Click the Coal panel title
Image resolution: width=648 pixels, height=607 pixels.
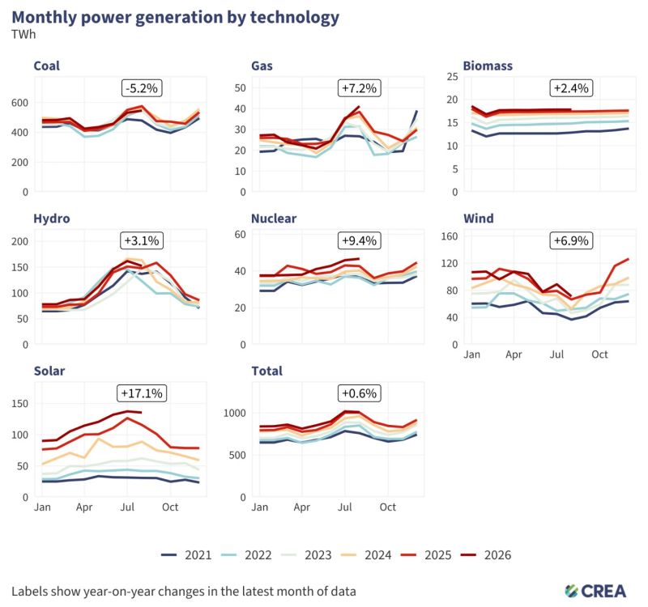pos(46,66)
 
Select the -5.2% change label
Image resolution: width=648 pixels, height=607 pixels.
pos(142,88)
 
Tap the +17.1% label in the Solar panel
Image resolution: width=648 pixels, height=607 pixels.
pos(142,393)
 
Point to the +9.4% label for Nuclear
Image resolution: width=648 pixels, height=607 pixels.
pos(359,240)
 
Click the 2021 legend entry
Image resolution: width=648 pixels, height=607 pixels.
pos(186,555)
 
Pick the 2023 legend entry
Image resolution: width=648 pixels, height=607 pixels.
pos(306,555)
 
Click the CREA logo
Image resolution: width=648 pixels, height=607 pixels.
pos(595,591)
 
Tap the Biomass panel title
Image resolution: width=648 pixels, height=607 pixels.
pos(488,66)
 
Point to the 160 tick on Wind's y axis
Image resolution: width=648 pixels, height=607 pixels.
pos(450,236)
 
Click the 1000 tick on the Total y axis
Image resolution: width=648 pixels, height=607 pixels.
pos(234,413)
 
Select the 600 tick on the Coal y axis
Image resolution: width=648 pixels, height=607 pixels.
pos(19,103)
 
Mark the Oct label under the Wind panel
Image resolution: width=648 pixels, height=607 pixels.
pos(599,354)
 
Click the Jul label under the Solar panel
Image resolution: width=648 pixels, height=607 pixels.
pos(127,507)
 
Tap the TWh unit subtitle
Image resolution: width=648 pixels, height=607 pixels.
pos(23,34)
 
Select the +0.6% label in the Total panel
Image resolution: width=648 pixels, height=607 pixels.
pos(359,393)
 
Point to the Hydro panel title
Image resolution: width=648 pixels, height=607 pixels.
pos(52,218)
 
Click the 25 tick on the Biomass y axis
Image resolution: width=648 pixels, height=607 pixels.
pos(453,76)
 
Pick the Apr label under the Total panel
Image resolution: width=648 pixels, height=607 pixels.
pos(301,507)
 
